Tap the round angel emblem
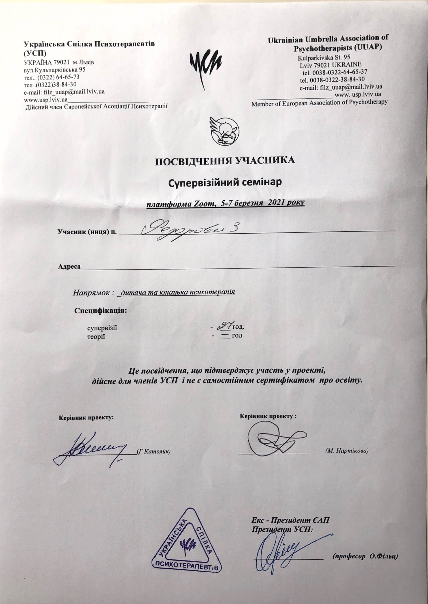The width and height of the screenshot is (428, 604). click(x=225, y=131)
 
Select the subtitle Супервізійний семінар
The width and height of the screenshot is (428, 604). click(x=225, y=182)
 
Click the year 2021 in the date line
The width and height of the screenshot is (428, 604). click(x=276, y=203)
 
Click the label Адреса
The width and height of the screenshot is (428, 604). click(x=69, y=266)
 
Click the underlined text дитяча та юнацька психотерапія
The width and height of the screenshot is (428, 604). click(x=177, y=292)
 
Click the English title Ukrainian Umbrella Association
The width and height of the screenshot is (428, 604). click(x=328, y=39)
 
